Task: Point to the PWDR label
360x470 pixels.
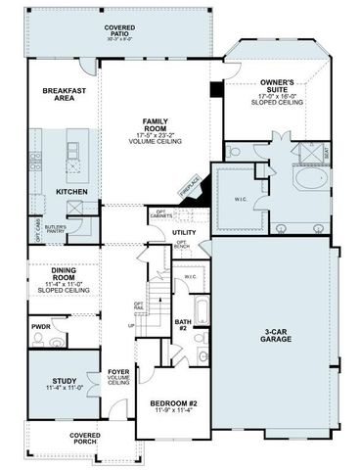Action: click(40, 326)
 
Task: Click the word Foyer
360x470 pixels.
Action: click(118, 372)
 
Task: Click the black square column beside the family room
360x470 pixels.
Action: click(217, 90)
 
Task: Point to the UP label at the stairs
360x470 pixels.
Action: click(131, 325)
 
